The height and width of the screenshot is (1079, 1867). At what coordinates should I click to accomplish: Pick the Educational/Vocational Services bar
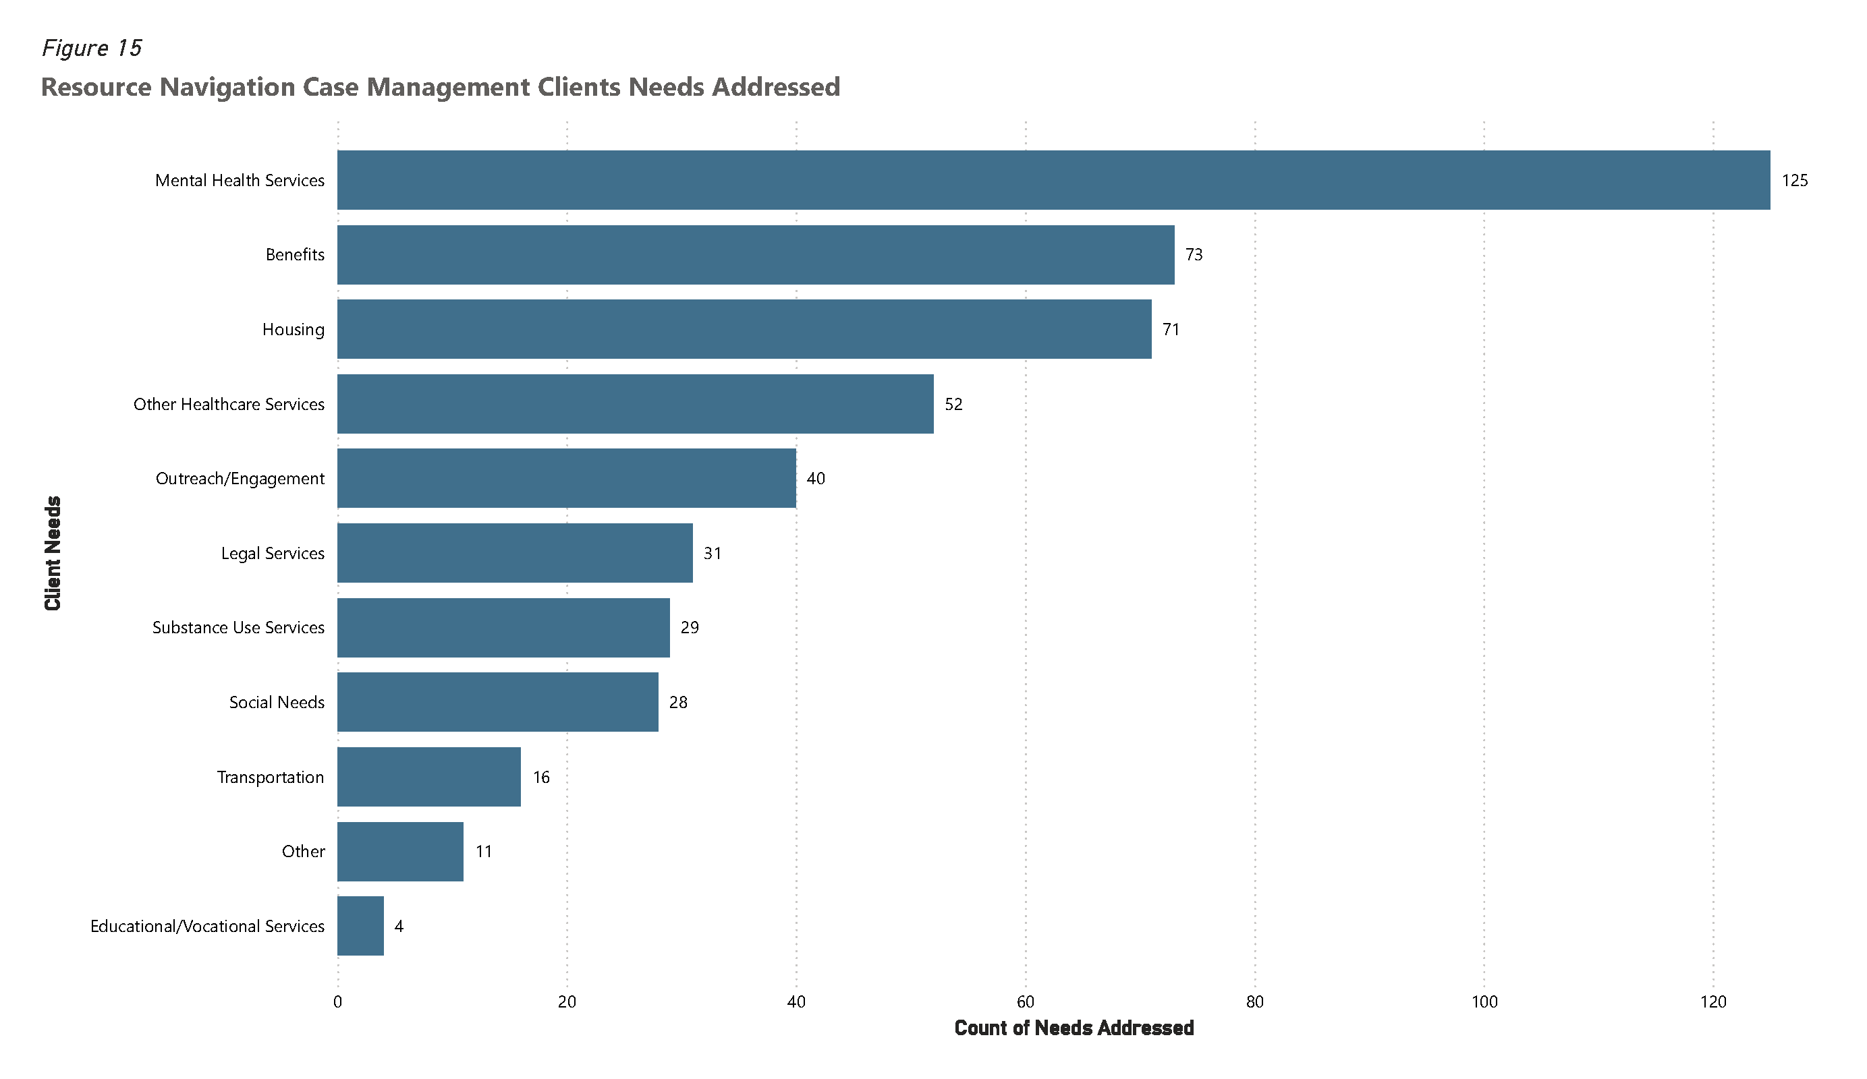360,926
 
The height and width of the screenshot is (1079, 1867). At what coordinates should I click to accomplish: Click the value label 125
1793,181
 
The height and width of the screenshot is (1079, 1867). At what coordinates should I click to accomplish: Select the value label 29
689,628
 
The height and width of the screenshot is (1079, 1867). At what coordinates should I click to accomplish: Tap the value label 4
399,927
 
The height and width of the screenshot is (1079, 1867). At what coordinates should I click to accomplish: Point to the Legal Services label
272,554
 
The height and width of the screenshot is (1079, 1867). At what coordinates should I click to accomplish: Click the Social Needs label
277,703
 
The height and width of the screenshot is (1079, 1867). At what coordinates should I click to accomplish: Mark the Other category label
303,852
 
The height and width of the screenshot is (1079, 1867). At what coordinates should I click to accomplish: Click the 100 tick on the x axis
1483,1003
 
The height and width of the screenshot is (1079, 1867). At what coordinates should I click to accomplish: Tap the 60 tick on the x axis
1025,1003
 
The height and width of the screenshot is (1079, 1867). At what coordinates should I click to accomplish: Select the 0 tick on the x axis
338,1003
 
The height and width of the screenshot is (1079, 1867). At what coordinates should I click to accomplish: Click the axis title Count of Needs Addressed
1074,1028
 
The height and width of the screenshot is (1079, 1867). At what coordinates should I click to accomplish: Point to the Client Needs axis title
53,553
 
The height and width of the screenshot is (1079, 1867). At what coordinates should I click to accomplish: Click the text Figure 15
91,48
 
